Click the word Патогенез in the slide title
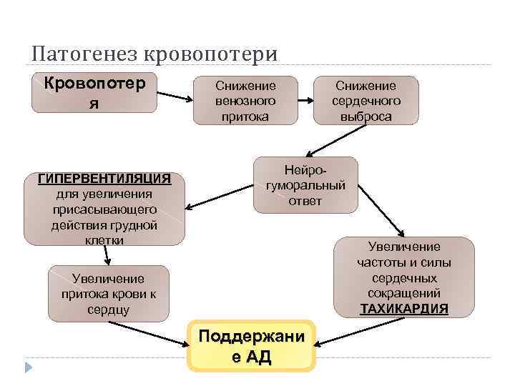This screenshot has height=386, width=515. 85,54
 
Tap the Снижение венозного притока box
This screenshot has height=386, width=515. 245,100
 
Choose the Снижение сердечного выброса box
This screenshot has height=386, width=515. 366,100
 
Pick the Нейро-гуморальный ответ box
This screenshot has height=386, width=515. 305,185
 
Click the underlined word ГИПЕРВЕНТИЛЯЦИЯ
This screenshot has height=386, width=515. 104,178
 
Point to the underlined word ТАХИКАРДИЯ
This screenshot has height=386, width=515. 405,309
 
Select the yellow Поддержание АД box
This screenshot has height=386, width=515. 251,346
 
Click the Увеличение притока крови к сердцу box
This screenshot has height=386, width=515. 109,294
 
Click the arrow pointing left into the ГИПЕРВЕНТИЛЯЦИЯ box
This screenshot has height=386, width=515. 220,199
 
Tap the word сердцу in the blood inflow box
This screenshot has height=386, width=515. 109,310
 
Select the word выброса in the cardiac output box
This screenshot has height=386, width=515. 366,116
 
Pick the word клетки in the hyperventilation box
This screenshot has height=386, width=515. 104,240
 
